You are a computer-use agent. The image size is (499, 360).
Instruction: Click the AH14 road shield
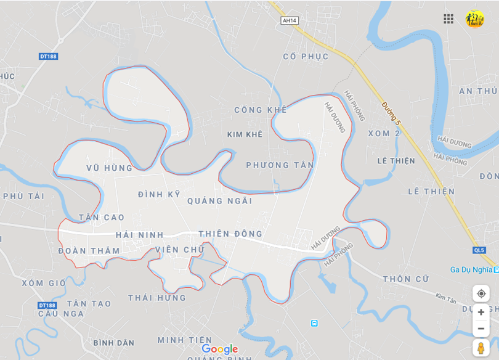pyautogui.click(x=288, y=20)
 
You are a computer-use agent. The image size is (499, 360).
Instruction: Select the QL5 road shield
pyautogui.click(x=479, y=250)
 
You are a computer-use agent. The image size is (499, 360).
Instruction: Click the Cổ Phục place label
pyautogui.click(x=306, y=57)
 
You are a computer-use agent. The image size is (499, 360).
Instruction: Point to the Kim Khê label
pyautogui.click(x=245, y=134)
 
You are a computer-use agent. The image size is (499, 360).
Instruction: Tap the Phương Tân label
pyautogui.click(x=280, y=165)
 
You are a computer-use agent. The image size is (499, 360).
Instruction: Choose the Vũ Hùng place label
pyautogui.click(x=109, y=168)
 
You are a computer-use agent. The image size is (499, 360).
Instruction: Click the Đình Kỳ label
pyautogui.click(x=159, y=194)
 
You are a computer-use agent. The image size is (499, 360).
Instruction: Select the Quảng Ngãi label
pyautogui.click(x=219, y=201)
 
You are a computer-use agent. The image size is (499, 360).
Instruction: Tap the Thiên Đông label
pyautogui.click(x=230, y=234)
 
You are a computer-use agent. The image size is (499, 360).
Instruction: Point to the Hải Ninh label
pyautogui.click(x=139, y=235)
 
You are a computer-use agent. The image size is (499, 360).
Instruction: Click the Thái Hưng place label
pyautogui.click(x=156, y=298)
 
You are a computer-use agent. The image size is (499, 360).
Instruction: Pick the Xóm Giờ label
pyautogui.click(x=43, y=283)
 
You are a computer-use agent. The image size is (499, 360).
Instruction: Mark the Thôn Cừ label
pyautogui.click(x=405, y=279)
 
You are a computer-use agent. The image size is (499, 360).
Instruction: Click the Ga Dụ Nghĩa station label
pyautogui.click(x=471, y=269)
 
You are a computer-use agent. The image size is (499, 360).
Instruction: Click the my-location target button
pyautogui.click(x=481, y=293)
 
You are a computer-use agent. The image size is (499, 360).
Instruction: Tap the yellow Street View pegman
pyautogui.click(x=481, y=348)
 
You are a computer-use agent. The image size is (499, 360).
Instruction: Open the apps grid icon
pyautogui.click(x=448, y=18)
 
